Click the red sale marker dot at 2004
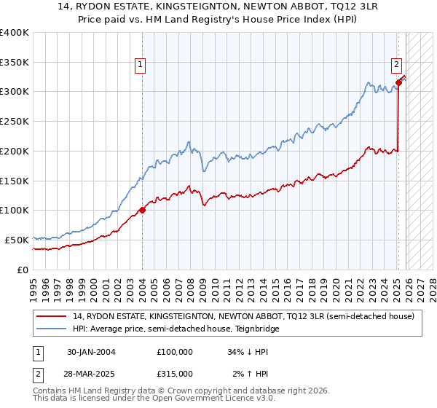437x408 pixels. point(142,211)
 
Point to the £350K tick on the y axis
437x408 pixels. point(15,63)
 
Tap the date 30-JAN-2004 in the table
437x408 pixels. point(91,352)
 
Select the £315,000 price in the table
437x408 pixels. point(175,373)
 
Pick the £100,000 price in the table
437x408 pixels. point(175,352)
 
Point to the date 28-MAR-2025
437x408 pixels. point(91,373)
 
